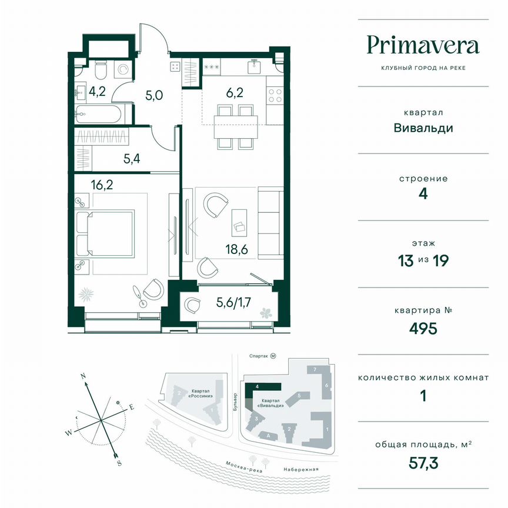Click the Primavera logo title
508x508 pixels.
point(423,45)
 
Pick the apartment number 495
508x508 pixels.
point(423,327)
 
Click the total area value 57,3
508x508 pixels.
point(423,462)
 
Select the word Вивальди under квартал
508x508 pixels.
point(423,128)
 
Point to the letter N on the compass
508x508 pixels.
point(83,376)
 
